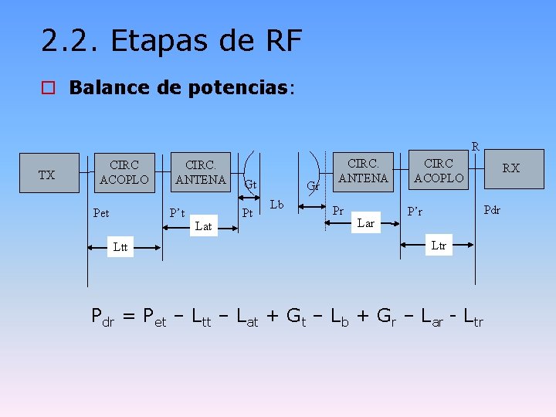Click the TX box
[47, 175]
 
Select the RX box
[510, 168]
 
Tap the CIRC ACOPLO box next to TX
[124, 172]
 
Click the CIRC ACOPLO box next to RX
[439, 170]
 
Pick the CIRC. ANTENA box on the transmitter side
[200, 172]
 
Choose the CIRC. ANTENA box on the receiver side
[363, 170]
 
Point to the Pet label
[101, 213]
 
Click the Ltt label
[120, 247]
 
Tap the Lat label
[204, 226]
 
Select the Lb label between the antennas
[277, 205]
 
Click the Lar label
[366, 224]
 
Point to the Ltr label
[439, 246]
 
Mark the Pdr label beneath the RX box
[492, 209]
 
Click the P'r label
[416, 212]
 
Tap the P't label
[178, 212]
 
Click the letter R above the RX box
[476, 146]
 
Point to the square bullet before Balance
[49, 87]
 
